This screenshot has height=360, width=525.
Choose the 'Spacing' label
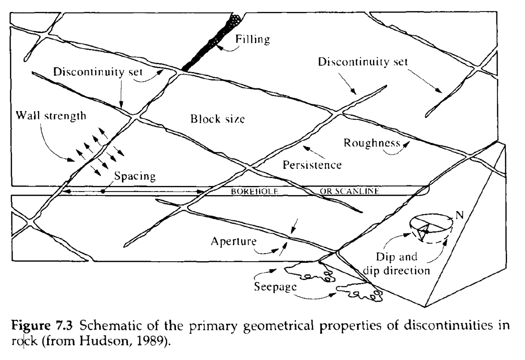pos(134,176)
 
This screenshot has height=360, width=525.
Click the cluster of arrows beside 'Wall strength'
pos(95,153)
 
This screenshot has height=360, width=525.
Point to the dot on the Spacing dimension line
pos(103,191)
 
